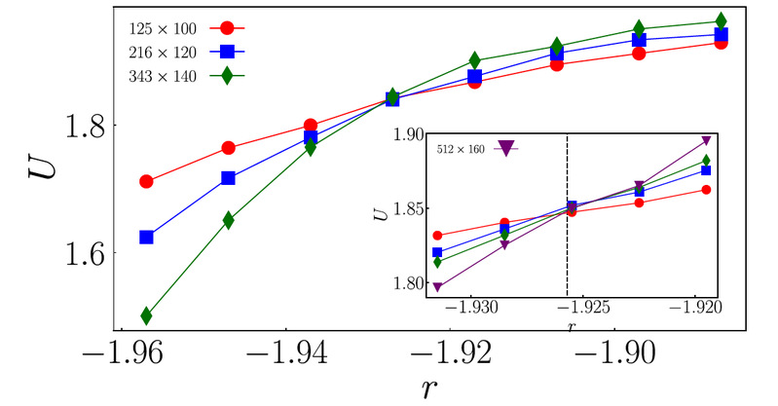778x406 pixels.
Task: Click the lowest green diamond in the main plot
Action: tap(146, 315)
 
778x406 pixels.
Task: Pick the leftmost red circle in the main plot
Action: tap(146, 181)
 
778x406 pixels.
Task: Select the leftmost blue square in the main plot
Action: tap(146, 237)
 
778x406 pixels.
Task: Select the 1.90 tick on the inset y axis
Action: tap(399, 134)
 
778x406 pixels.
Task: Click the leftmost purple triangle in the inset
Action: tap(438, 287)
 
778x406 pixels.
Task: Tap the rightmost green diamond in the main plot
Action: tap(721, 20)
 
